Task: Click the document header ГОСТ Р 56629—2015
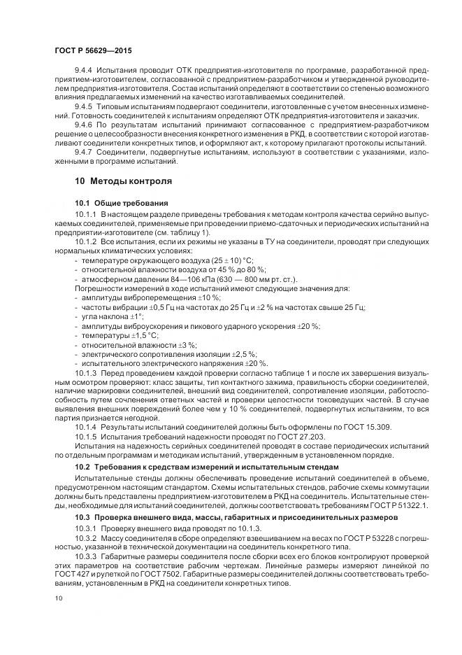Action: click(92, 52)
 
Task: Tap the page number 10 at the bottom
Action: click(59, 598)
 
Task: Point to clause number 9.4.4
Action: click(84, 71)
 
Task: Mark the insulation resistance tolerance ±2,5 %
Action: click(242, 354)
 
